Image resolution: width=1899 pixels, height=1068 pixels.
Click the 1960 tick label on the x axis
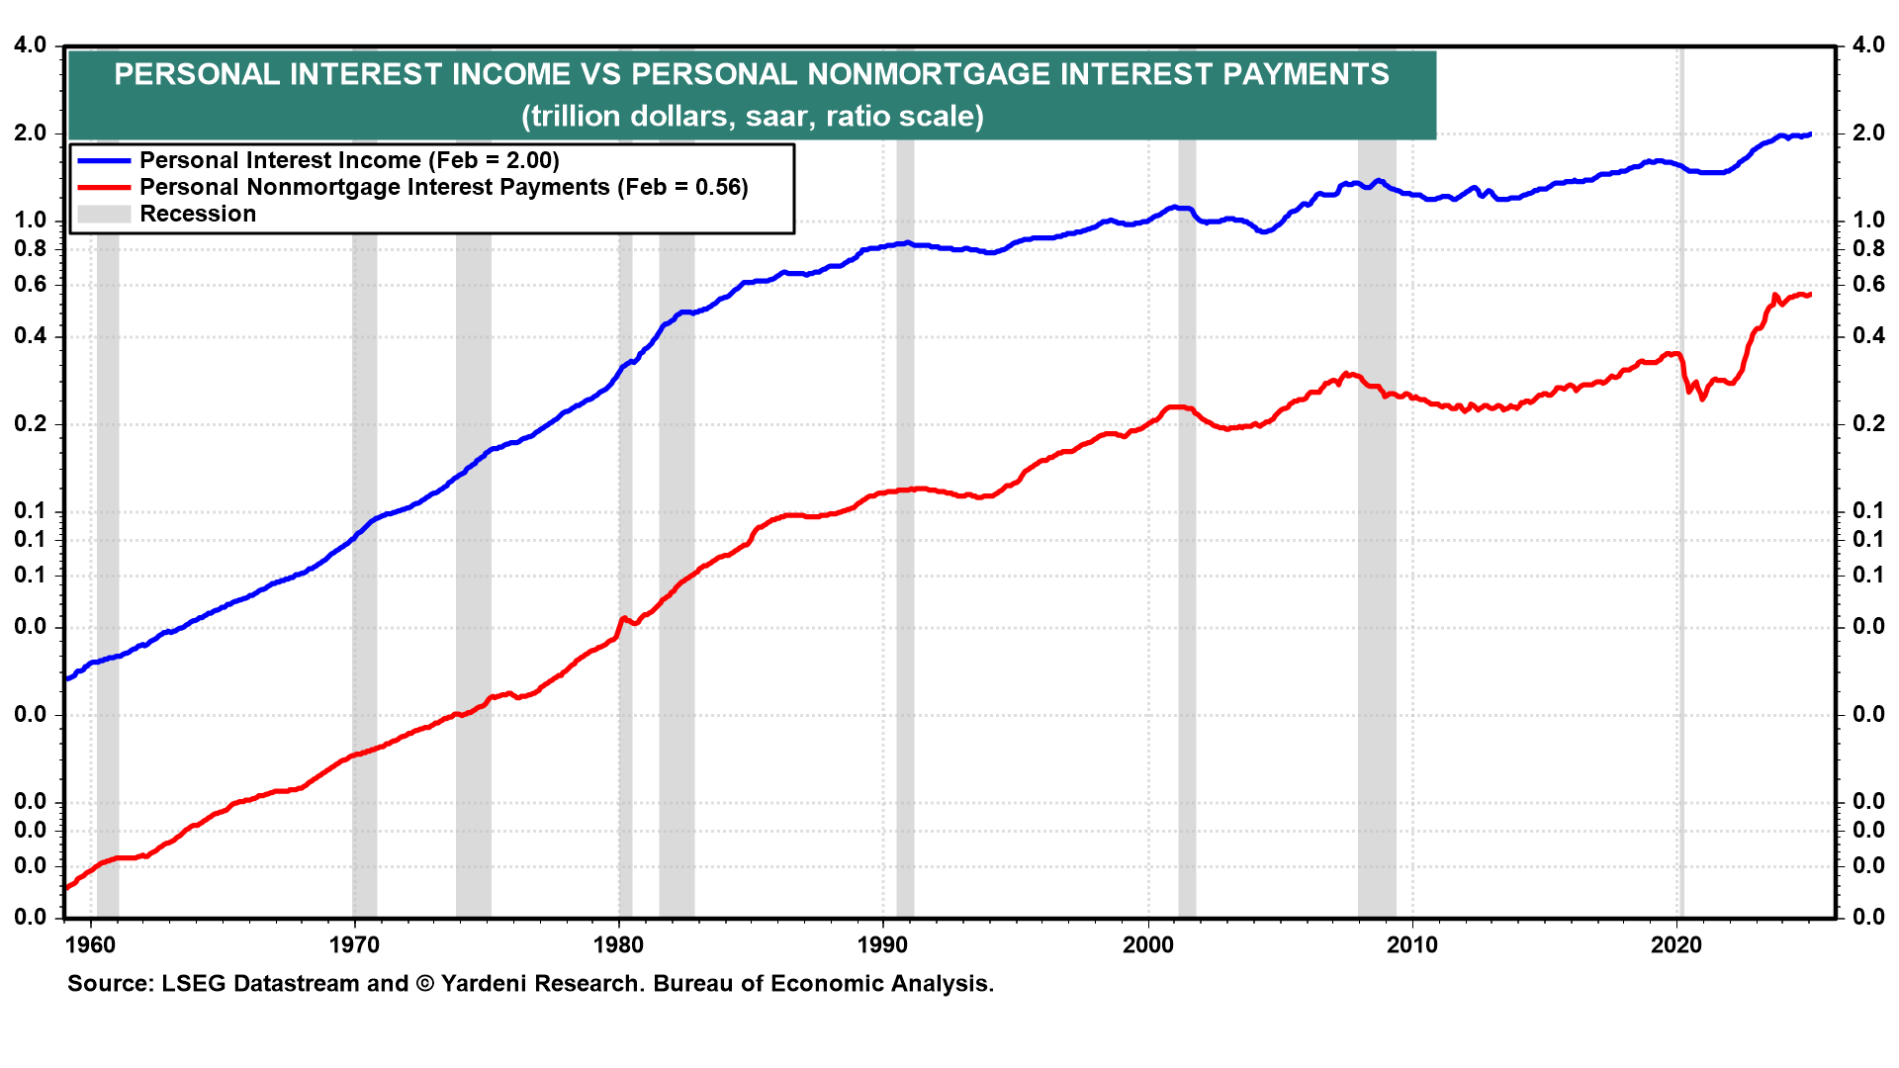pyautogui.click(x=90, y=945)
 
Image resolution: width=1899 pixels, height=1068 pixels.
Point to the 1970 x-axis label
pyautogui.click(x=354, y=945)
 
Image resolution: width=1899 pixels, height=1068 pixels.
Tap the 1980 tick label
pyautogui.click(x=618, y=945)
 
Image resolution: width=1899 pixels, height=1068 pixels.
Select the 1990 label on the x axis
pyautogui.click(x=882, y=945)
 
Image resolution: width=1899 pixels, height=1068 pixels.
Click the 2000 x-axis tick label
pyautogui.click(x=1147, y=945)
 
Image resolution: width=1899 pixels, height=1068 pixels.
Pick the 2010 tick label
pyautogui.click(x=1412, y=945)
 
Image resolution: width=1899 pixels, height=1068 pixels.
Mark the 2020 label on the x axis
pyautogui.click(x=1676, y=945)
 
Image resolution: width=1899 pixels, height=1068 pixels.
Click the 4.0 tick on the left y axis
pyautogui.click(x=30, y=45)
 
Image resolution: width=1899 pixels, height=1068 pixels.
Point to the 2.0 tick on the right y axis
pyautogui.click(x=1868, y=133)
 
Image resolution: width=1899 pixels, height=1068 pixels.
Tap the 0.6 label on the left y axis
pyautogui.click(x=30, y=285)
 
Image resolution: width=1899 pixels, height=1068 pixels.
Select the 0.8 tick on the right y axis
pyautogui.click(x=1868, y=249)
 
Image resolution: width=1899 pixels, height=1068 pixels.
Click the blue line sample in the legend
pyautogui.click(x=104, y=160)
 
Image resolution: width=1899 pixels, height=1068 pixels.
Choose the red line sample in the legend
pyautogui.click(x=104, y=187)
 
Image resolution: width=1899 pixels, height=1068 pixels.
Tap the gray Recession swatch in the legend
pyautogui.click(x=104, y=214)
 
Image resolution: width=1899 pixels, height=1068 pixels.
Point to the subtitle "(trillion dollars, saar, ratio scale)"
pyautogui.click(x=753, y=117)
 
